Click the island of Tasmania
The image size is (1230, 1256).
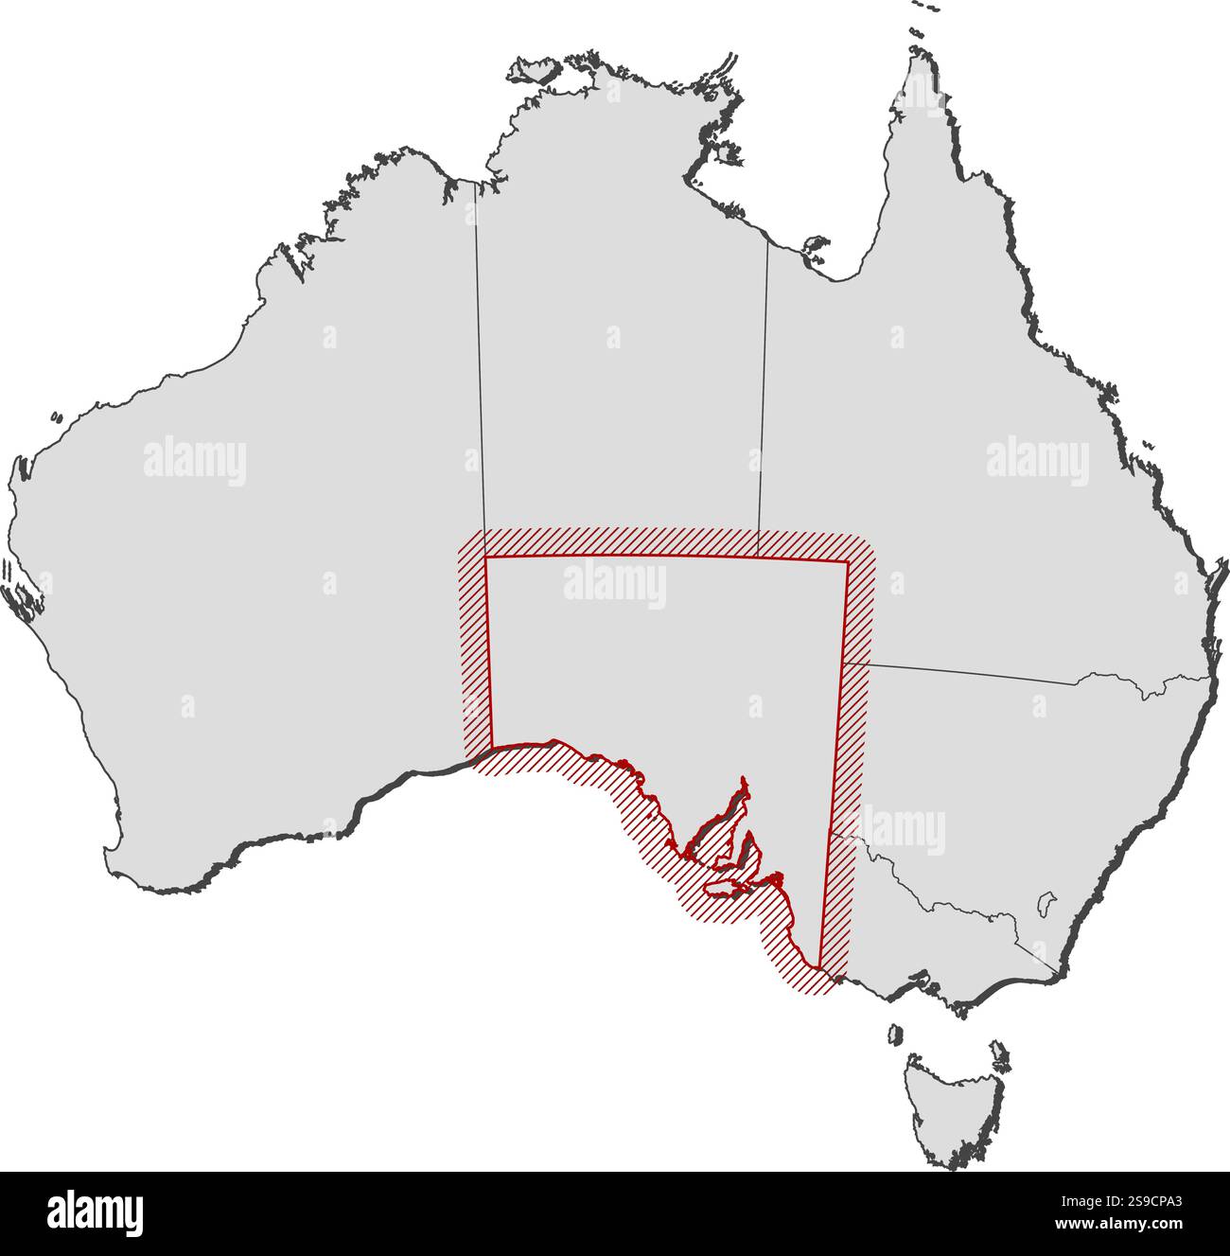[x=951, y=1107]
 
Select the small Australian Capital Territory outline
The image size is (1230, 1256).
[x=1045, y=904]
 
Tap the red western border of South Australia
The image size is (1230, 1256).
[x=489, y=653]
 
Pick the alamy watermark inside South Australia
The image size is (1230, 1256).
[x=615, y=584]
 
